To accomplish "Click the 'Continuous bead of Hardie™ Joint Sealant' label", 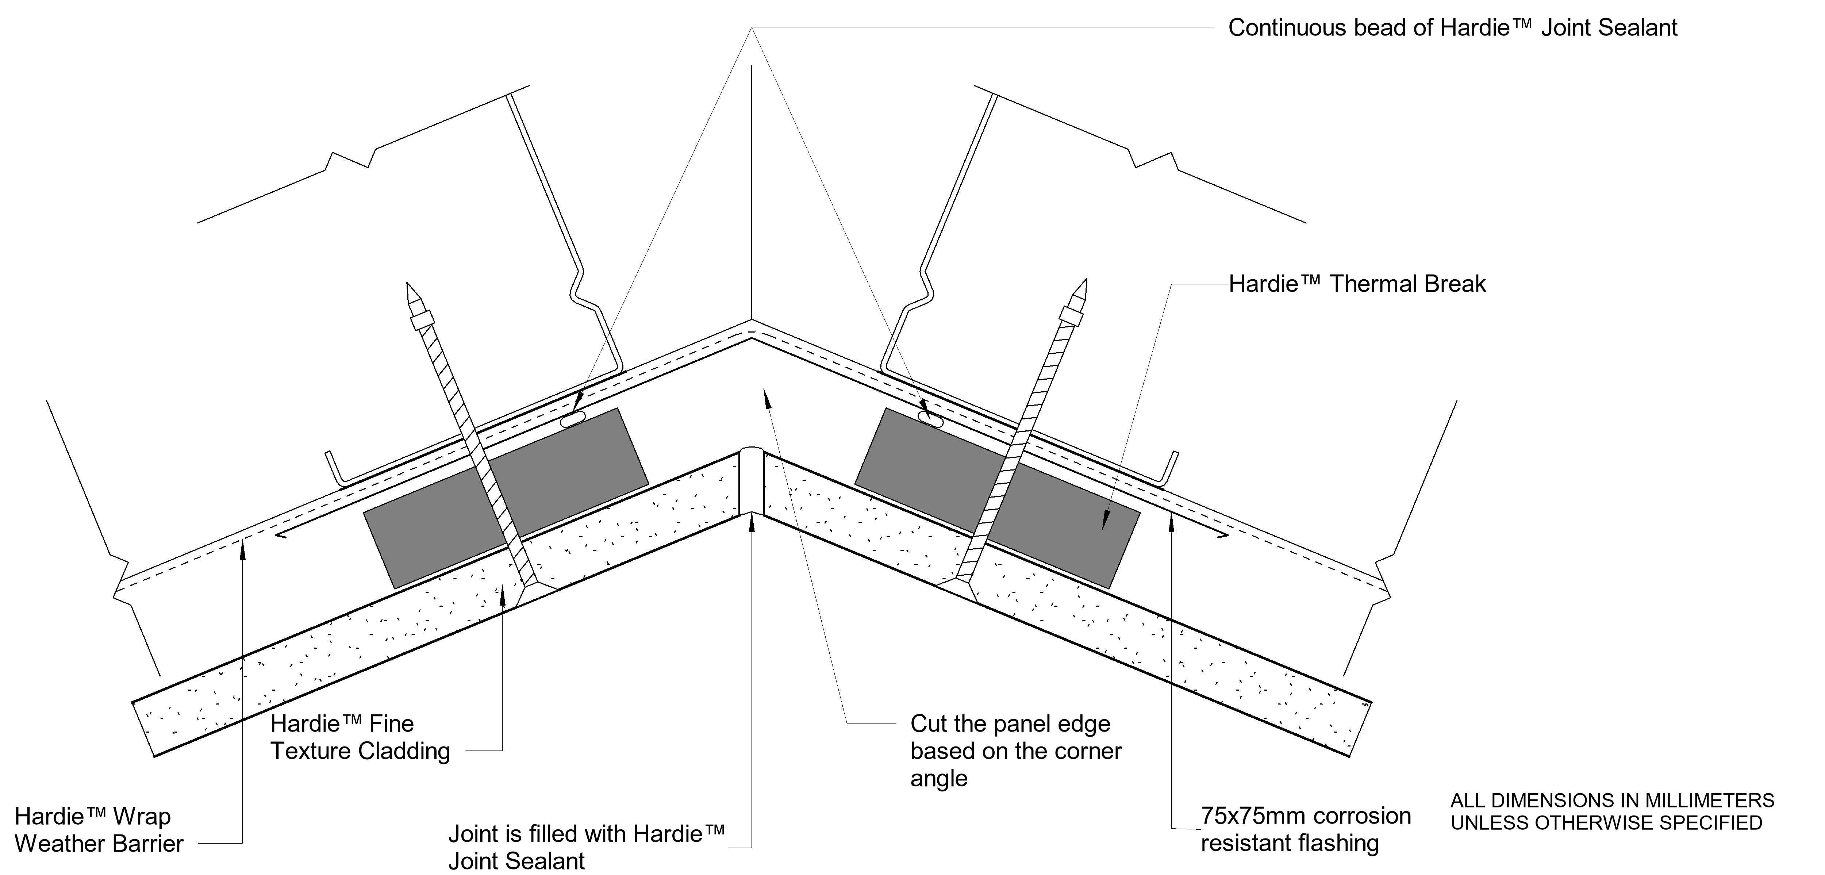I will click(1452, 28).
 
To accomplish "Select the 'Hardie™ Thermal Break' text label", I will click(1357, 284).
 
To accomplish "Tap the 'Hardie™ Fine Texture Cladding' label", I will click(360, 737).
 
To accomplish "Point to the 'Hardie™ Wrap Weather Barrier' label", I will click(99, 830).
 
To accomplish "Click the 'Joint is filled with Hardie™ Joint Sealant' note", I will click(587, 847).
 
